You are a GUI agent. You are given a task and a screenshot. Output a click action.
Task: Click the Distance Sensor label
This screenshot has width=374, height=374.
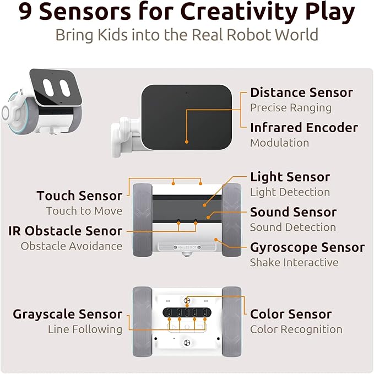(x=301, y=93)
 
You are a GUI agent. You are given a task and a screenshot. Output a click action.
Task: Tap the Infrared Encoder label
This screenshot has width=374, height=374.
(x=303, y=128)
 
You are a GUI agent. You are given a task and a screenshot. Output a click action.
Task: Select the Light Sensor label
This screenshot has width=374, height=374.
(x=290, y=177)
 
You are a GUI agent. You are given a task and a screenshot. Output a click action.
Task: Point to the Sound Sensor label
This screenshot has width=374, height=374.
(x=293, y=212)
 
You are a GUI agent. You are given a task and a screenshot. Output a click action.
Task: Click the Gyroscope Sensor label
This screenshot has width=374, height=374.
(x=307, y=247)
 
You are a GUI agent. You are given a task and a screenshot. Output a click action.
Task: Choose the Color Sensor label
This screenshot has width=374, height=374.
(x=291, y=315)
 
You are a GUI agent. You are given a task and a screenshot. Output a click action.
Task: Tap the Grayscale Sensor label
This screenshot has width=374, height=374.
(x=68, y=315)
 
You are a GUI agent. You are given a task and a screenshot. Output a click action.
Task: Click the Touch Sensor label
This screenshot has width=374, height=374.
(x=79, y=196)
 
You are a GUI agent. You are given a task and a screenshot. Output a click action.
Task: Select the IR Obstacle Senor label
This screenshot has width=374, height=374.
(x=66, y=231)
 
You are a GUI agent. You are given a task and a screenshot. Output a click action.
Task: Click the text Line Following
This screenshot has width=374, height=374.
(x=85, y=329)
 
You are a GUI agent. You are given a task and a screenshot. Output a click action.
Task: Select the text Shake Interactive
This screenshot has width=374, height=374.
(x=294, y=262)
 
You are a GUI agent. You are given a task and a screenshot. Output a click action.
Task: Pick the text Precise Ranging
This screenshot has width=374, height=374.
(x=291, y=107)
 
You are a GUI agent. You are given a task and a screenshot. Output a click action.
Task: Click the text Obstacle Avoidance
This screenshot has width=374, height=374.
(x=72, y=246)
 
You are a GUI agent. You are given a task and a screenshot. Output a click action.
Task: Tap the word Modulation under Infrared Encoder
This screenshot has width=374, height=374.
(x=279, y=143)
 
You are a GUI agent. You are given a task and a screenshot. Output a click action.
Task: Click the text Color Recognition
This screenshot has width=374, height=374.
(x=296, y=329)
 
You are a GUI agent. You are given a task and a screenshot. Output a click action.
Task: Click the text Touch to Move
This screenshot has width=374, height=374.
(x=84, y=211)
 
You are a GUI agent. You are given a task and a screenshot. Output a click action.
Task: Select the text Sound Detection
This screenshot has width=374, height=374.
(x=292, y=227)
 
